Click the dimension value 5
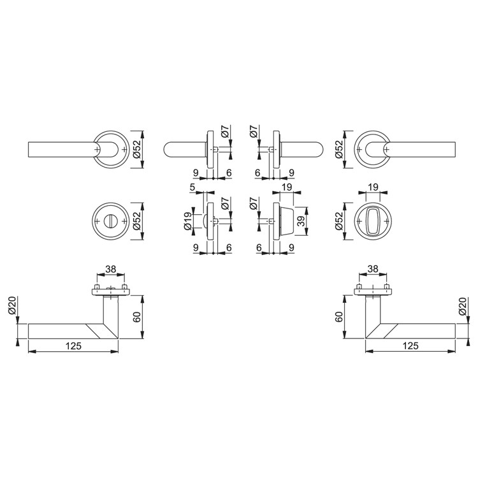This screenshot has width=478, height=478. coord(192,187)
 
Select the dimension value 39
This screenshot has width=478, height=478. coord(301,221)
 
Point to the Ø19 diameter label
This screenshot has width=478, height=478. coord(188,221)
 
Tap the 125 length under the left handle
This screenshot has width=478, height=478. coord(73,346)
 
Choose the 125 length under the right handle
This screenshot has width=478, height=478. coord(410,346)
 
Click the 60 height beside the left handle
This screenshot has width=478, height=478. coord(137,317)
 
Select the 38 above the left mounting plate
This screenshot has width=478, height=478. coord(111,269)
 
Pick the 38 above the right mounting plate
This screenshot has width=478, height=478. coord(373,269)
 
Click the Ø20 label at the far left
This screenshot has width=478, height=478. coord(12,306)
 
